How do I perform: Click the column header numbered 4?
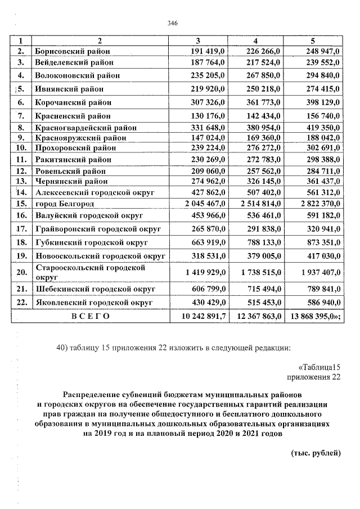[255, 41]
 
